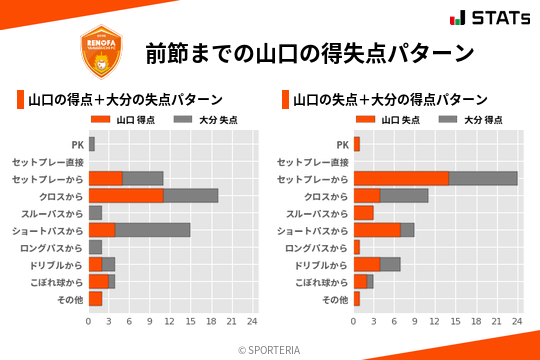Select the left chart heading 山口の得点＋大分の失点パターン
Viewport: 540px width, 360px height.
coord(124,100)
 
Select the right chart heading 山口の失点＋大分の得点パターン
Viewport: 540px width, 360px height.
coord(390,100)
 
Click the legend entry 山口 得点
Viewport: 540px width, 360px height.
coord(127,120)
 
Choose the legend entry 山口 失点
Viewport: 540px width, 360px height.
coord(392,120)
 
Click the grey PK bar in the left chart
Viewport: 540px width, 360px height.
coord(92,144)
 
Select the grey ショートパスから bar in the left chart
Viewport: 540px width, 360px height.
coord(153,230)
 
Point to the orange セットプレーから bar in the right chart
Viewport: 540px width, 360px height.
coord(401,178)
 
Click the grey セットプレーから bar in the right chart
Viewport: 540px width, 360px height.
coord(483,178)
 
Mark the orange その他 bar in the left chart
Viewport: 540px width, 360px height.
coord(95,298)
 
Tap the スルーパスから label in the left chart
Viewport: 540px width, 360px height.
coord(54,213)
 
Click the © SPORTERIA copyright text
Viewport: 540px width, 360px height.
coord(270,349)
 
